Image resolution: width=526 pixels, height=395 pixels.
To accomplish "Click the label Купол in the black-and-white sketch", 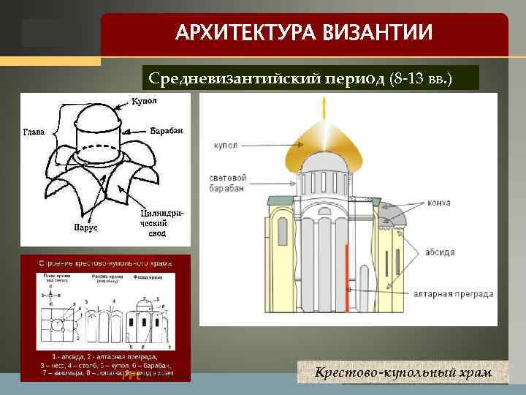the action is pos(145,100).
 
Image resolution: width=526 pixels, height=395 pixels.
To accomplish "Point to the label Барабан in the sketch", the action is pos(166,130).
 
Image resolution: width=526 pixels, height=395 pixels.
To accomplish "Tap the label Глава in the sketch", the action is pos(33,132).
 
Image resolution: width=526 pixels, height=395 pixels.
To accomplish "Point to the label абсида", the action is pos(461,252).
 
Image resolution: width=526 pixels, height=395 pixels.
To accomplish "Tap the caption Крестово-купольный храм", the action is pos(403,374).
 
